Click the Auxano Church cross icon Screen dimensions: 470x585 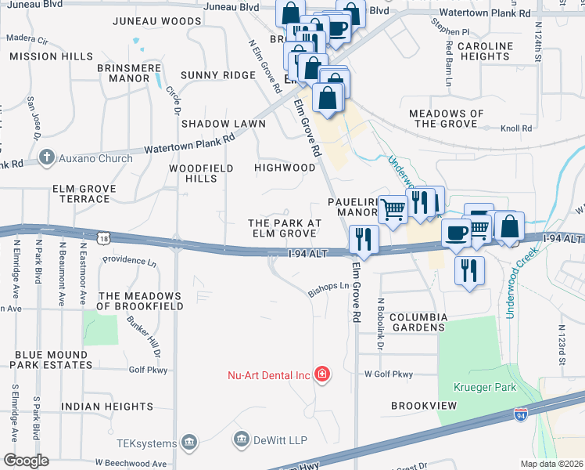(x=48, y=157)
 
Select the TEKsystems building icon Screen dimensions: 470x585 (x=188, y=443)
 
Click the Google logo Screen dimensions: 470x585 (x=26, y=460)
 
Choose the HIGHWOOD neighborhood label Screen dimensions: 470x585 (x=285, y=168)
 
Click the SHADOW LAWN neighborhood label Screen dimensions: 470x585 (x=217, y=124)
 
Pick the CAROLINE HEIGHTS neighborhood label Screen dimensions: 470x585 (x=484, y=51)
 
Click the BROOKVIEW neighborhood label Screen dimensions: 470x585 (x=423, y=407)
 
